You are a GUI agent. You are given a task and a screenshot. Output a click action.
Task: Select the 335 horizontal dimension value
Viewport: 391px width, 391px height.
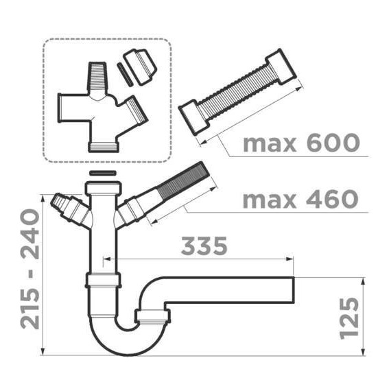(x=204, y=246)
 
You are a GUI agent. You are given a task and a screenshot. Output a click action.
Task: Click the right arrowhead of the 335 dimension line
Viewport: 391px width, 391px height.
(x=291, y=261)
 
